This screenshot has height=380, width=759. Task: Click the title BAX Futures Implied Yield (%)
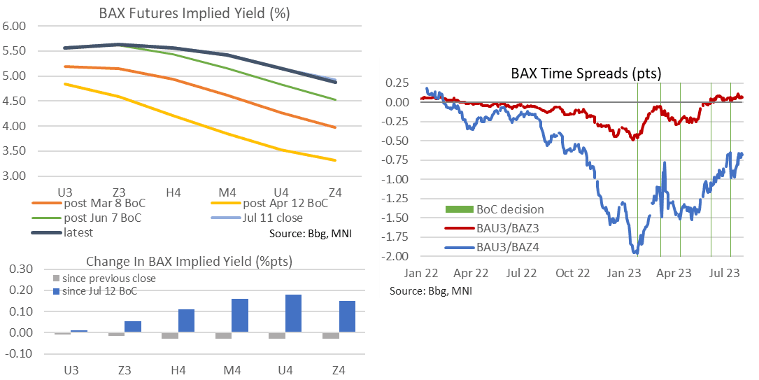click(185, 13)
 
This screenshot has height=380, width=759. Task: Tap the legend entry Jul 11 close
click(270, 218)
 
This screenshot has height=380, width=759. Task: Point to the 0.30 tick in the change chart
click(22, 269)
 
